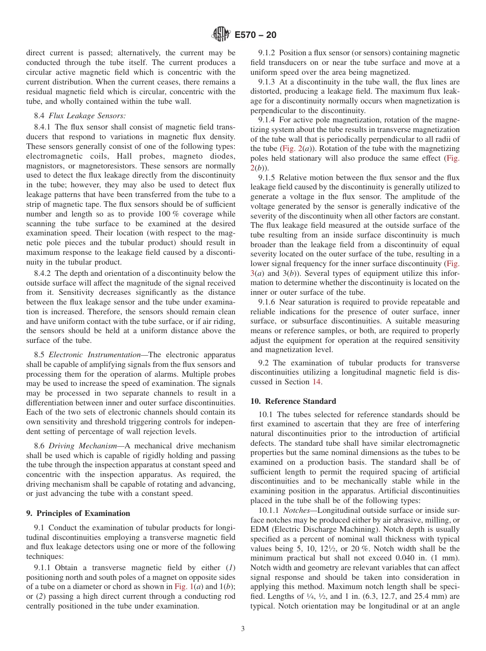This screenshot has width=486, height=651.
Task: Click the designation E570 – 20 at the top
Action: [255, 35]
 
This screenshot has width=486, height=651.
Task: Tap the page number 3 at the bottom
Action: [242, 629]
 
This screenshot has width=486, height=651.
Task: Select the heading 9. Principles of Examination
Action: [78, 513]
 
